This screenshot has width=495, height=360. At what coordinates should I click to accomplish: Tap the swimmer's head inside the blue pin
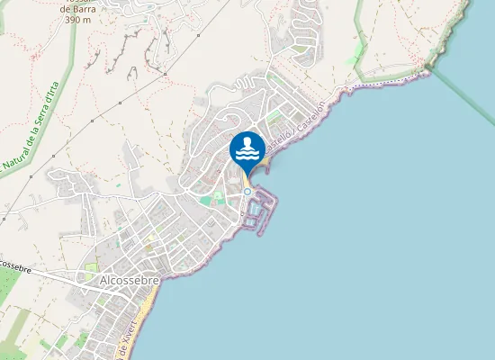(247, 142)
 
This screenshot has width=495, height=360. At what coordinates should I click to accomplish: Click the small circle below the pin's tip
(247, 191)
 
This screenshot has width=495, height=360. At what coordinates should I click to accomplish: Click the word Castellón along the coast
(309, 136)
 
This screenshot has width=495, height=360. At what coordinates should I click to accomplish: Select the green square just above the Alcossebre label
(91, 266)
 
